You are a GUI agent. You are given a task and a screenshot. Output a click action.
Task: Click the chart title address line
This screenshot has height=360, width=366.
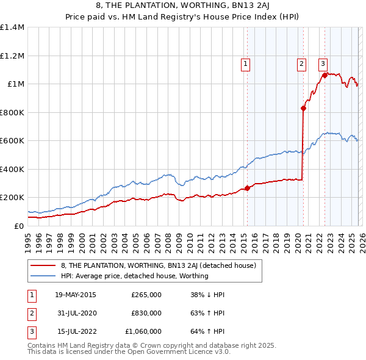(x=182, y=6)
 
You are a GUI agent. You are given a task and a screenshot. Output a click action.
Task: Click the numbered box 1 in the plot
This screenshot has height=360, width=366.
(x=245, y=63)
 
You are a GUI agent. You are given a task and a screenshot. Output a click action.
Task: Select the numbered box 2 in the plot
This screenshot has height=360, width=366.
(x=301, y=63)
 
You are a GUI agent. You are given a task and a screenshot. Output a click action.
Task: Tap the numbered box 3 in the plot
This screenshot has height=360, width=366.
(x=322, y=63)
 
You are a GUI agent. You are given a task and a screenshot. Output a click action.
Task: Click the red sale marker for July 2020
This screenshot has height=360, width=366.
(x=303, y=109)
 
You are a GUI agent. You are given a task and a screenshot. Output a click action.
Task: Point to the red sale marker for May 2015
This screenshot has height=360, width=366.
(x=247, y=188)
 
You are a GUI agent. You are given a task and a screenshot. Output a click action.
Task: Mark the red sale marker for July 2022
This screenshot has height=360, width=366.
(x=325, y=76)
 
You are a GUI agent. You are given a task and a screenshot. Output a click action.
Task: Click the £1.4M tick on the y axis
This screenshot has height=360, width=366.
(x=12, y=27)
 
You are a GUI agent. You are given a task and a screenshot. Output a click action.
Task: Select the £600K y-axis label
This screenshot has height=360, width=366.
(x=12, y=141)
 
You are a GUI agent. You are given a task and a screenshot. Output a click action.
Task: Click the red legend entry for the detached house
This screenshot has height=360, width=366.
(x=162, y=265)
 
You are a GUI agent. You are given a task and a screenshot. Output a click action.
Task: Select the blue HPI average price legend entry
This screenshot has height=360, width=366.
(x=134, y=276)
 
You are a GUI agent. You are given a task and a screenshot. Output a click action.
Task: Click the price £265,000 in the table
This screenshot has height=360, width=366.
(x=146, y=295)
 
